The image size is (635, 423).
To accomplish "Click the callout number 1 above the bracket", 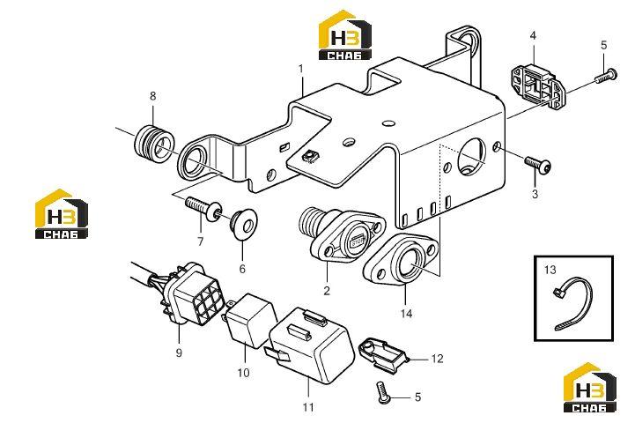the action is click(301, 69).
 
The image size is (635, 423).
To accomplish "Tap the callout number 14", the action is click(406, 313).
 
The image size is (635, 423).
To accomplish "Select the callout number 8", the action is click(152, 96).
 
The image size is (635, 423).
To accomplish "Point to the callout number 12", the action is click(438, 359).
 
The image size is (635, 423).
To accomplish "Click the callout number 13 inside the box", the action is click(550, 270).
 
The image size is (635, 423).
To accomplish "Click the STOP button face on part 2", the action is click(358, 241).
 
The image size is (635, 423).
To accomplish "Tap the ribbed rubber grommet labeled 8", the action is click(153, 144).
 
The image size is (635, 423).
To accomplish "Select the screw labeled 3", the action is click(538, 164).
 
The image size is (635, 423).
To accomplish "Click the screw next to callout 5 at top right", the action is click(606, 76).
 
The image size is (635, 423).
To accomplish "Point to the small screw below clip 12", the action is click(382, 392).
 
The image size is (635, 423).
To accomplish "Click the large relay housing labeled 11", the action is click(311, 345).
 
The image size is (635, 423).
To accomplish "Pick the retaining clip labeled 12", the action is click(383, 353).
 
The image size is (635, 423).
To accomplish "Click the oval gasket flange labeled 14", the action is click(401, 258).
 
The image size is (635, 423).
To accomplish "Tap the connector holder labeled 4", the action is click(538, 87).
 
